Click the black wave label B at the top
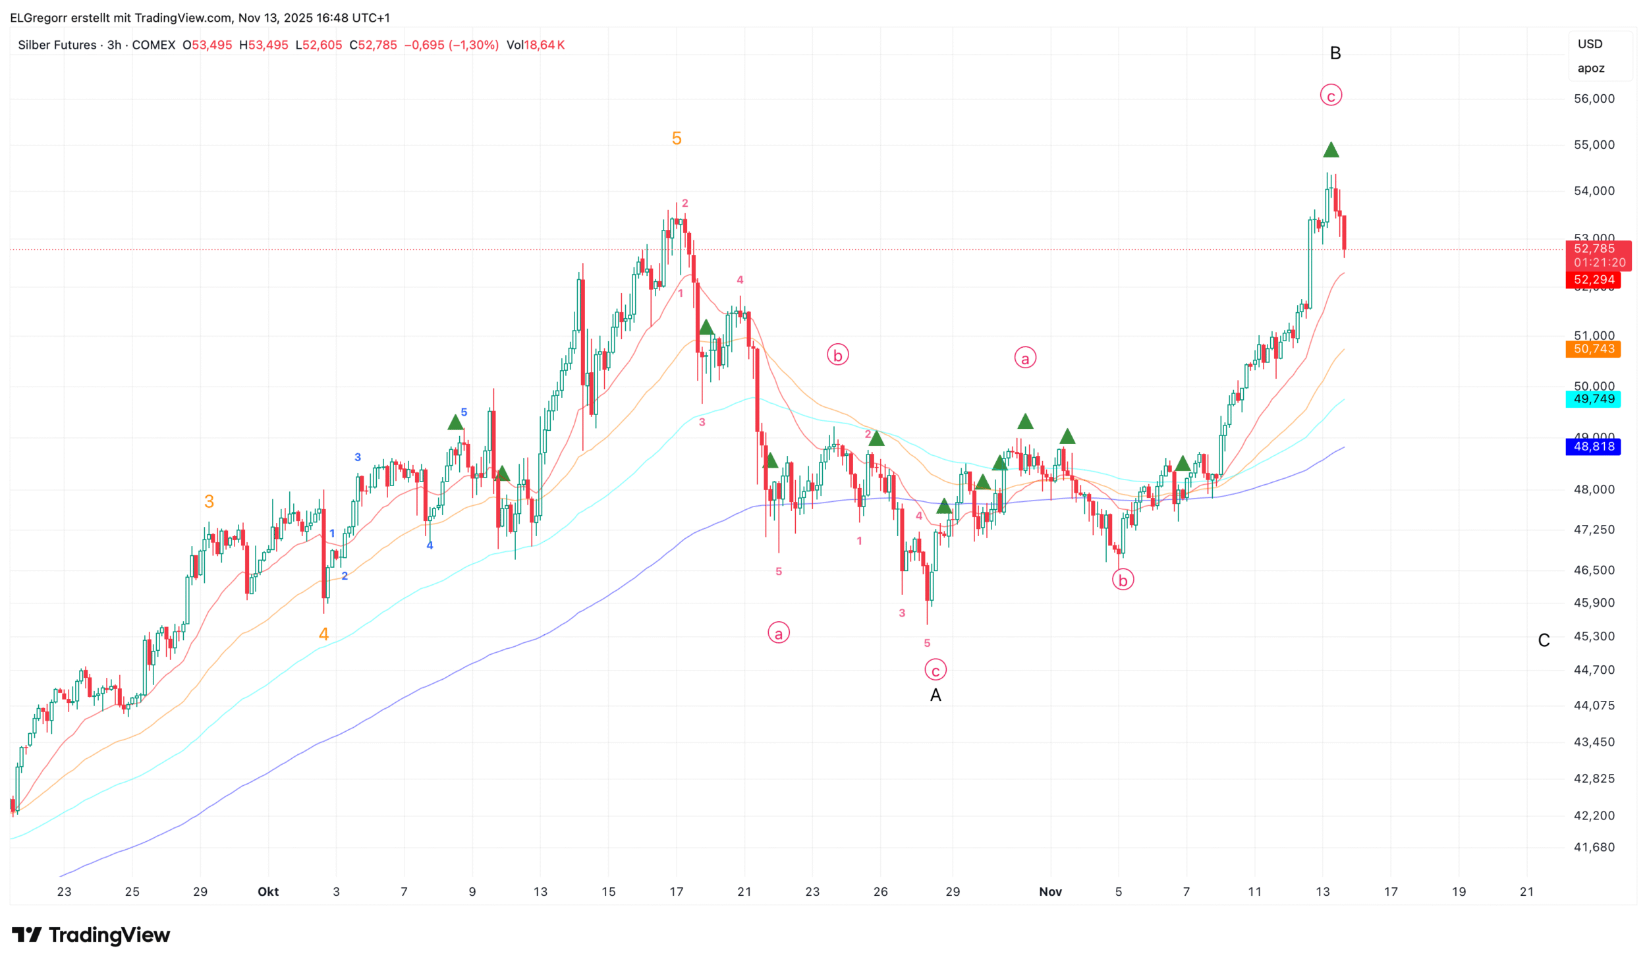point(1335,53)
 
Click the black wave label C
point(1543,640)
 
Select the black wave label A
point(935,695)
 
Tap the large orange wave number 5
point(676,138)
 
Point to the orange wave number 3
point(209,501)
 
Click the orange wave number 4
point(323,634)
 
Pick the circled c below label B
point(1330,96)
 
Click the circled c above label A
point(935,670)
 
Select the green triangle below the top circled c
point(1330,150)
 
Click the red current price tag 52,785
point(1594,249)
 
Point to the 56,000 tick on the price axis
point(1594,99)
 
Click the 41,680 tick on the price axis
point(1594,847)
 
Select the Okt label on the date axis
point(268,891)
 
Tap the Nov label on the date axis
point(1050,891)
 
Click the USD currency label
point(1589,44)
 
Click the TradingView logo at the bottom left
point(91,935)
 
